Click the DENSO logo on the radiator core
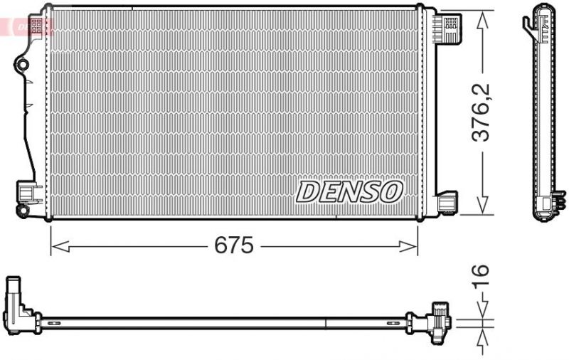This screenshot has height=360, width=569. pyautogui.click(x=349, y=191)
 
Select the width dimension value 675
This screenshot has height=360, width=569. pyautogui.click(x=233, y=246)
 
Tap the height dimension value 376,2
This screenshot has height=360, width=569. pyautogui.click(x=483, y=112)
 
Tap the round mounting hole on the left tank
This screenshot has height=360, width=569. pyautogui.click(x=22, y=65)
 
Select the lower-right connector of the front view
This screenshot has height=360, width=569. pyautogui.click(x=449, y=202)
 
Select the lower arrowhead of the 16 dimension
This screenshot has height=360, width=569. pyautogui.click(x=483, y=334)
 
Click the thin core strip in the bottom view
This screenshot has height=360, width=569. pyautogui.click(x=228, y=319)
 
